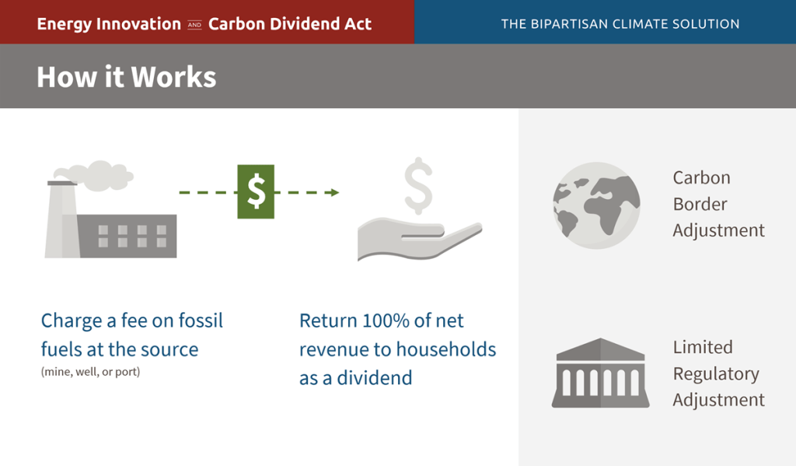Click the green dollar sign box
[x=256, y=191]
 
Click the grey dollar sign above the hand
[x=418, y=185]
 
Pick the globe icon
[x=596, y=205]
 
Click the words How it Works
[x=126, y=77]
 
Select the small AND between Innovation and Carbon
[x=194, y=25]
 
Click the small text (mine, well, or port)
[x=90, y=372]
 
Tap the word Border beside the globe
[x=700, y=204]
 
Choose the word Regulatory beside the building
[x=716, y=373]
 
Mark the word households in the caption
[x=445, y=349]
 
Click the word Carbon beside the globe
[x=701, y=177]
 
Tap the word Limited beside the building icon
[x=703, y=347]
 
